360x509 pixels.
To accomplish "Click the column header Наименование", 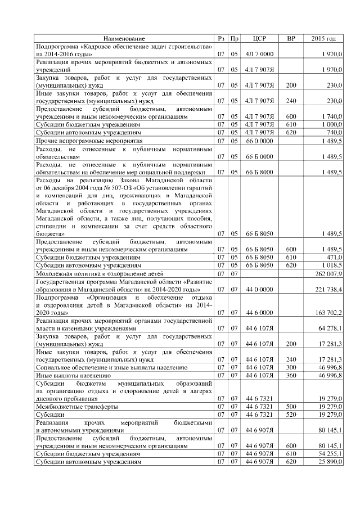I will tap(124, 38).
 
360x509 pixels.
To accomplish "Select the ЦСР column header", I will tap(259, 38).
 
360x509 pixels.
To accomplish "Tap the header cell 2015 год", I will tap(323, 38).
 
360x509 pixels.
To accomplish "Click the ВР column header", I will tap(291, 38).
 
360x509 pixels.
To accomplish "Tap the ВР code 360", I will tap(291, 375).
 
